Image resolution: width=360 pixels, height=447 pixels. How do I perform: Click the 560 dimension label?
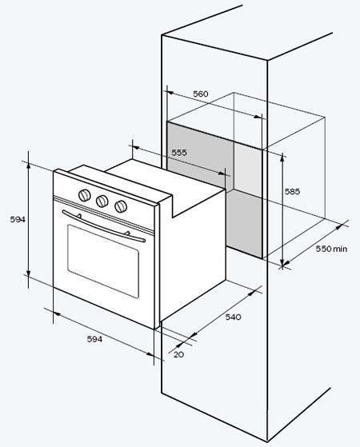pos(201,94)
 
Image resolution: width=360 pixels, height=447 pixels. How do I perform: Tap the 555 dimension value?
pos(179,153)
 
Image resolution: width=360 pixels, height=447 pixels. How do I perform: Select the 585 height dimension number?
pos(292,191)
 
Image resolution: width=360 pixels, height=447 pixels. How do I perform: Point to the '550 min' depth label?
pos(331,249)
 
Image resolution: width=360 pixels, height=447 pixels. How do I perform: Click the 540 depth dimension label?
pos(233,317)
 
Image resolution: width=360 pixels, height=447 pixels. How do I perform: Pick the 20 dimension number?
pos(178,354)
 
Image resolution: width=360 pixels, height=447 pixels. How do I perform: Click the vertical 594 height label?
pos(18,219)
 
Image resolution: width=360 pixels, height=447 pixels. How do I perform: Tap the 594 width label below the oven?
pos(94,339)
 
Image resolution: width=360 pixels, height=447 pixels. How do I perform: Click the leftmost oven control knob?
pos(85,195)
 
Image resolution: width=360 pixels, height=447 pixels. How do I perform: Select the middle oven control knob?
pos(102,201)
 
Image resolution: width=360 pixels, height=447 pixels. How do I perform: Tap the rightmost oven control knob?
pos(121,206)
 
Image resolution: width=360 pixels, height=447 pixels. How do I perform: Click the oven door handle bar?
pos(103,227)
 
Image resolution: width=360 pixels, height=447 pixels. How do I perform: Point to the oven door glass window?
pos(103,261)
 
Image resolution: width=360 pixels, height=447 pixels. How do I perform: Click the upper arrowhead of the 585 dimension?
pos(282,157)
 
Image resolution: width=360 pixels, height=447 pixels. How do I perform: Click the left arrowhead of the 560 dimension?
pos(170,93)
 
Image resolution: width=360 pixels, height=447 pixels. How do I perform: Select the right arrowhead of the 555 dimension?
pos(222,174)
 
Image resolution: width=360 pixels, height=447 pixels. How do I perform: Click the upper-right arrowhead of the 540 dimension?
pos(251,293)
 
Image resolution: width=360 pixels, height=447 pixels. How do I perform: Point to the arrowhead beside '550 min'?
pos(339,227)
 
